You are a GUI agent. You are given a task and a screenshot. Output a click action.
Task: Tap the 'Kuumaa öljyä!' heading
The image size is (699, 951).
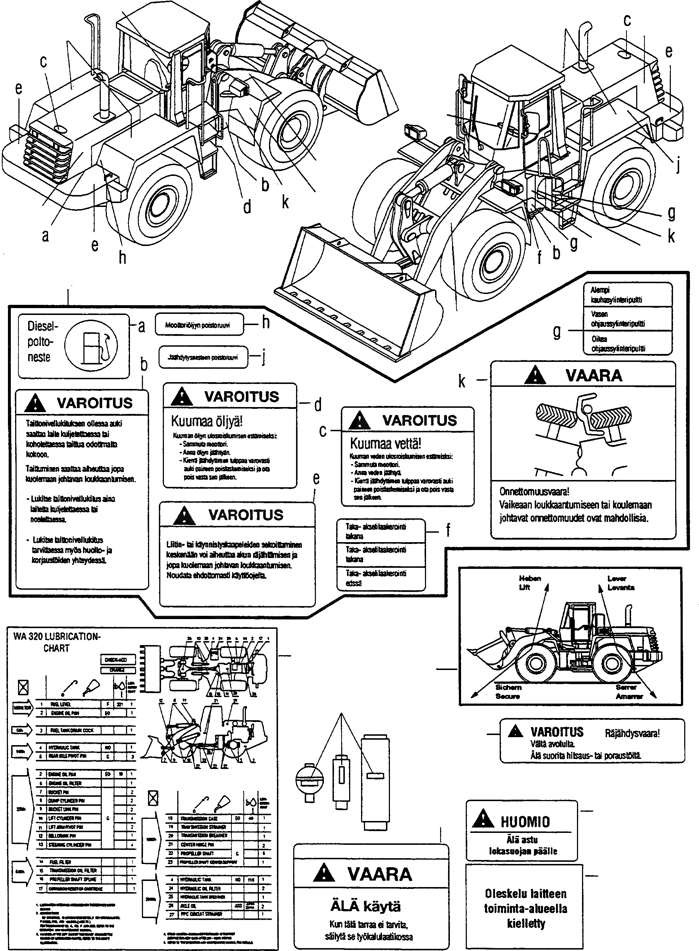207,421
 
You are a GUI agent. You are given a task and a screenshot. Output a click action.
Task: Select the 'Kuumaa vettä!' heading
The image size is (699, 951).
386,444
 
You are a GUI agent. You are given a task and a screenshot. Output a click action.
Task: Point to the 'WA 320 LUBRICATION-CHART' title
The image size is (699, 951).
57,641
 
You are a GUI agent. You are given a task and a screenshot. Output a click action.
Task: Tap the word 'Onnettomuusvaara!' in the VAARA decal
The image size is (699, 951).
534,492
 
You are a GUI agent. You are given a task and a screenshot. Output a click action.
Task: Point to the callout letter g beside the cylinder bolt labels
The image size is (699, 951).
557,332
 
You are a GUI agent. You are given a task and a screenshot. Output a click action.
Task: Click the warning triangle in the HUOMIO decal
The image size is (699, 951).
482,820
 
